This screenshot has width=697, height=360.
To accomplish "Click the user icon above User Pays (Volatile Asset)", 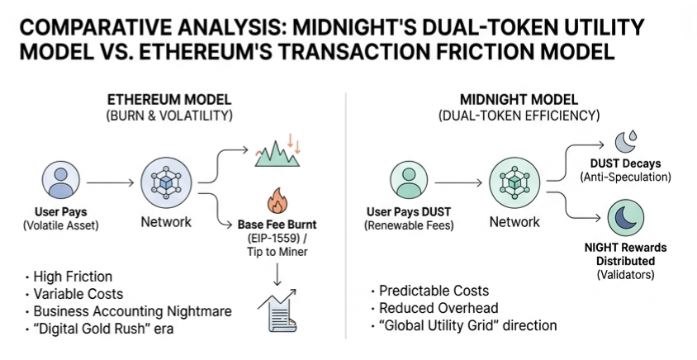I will point(59,182).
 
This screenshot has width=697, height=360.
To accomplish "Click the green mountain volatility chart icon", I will point(277,151).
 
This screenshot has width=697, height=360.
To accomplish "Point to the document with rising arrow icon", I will point(278,310).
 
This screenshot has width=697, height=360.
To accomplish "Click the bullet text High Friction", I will point(73,277).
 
